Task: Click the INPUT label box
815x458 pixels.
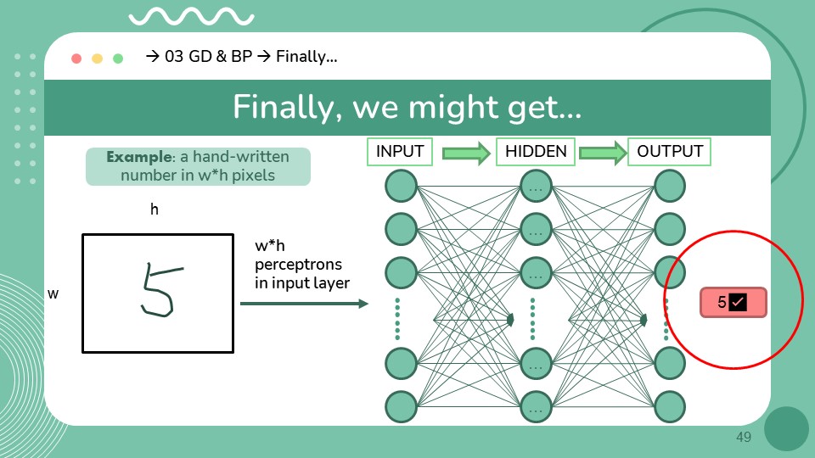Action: pyautogui.click(x=400, y=152)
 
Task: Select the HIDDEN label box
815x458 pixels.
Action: pyautogui.click(x=536, y=152)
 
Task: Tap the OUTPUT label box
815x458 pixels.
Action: pyautogui.click(x=670, y=152)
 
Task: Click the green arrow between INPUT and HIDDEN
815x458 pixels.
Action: pyautogui.click(x=467, y=154)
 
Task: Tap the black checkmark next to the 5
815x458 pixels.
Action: pyautogui.click(x=737, y=302)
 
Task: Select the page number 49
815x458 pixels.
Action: pyautogui.click(x=744, y=437)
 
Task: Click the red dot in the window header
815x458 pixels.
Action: pyautogui.click(x=76, y=59)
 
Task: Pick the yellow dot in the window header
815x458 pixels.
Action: pyautogui.click(x=97, y=59)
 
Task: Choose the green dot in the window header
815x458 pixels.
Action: pyautogui.click(x=118, y=59)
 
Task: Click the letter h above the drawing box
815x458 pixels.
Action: pyautogui.click(x=155, y=209)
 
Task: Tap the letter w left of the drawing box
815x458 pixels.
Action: pyautogui.click(x=53, y=293)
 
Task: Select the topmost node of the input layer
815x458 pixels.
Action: pyautogui.click(x=400, y=186)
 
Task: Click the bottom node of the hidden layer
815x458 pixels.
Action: pyautogui.click(x=536, y=407)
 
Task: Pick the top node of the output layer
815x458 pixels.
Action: pyautogui.click(x=670, y=186)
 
